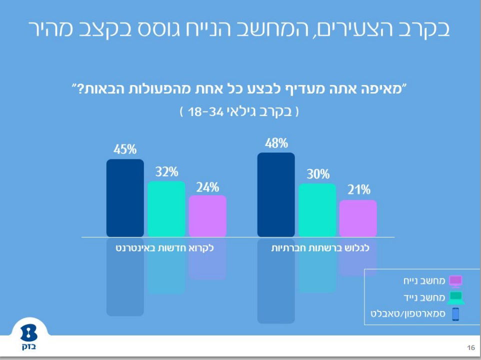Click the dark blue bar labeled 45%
pos(125,198)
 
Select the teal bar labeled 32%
pos(166,209)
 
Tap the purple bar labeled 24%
pos(207,216)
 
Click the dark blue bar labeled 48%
pos(276,195)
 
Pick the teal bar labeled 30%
pos(317,210)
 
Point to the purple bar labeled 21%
pos(358,218)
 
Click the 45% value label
pos(125,149)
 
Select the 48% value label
pos(276,143)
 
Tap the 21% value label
pos(358,190)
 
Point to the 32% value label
pos(166,172)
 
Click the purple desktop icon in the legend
pos(455,280)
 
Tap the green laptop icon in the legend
pos(455,297)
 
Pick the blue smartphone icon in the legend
pos(455,314)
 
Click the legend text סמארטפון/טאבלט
pos(408,314)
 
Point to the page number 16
pos(470,347)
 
